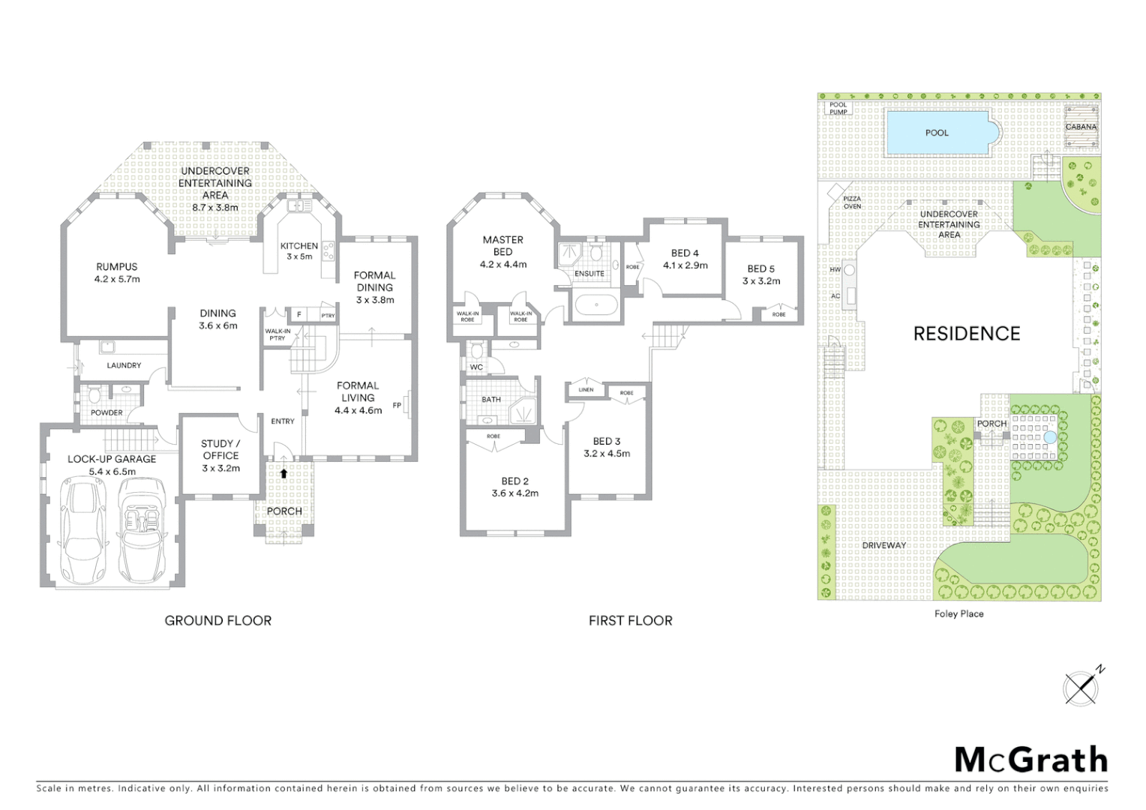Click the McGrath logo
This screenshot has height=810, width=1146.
pyautogui.click(x=1030, y=760)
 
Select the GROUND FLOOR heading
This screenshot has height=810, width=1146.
pyautogui.click(x=218, y=620)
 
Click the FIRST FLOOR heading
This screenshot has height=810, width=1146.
pyautogui.click(x=630, y=620)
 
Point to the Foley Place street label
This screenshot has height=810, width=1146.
pyautogui.click(x=958, y=613)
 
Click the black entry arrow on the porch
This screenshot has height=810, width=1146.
pyautogui.click(x=283, y=473)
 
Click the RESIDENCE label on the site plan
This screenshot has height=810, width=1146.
pyautogui.click(x=966, y=334)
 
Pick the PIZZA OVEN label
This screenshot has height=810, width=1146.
pyautogui.click(x=852, y=202)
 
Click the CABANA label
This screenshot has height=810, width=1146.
pyautogui.click(x=1081, y=127)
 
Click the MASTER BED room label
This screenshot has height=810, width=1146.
pyautogui.click(x=502, y=251)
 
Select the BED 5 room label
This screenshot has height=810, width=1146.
pyautogui.click(x=760, y=274)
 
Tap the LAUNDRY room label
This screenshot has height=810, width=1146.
pyautogui.click(x=124, y=365)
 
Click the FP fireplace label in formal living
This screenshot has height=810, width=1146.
pyautogui.click(x=397, y=405)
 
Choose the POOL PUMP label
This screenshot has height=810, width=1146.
pyautogui.click(x=838, y=109)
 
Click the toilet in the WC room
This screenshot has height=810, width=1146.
pyautogui.click(x=476, y=350)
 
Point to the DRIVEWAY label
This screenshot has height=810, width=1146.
pyautogui.click(x=883, y=545)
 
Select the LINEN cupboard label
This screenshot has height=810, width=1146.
pyautogui.click(x=586, y=389)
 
